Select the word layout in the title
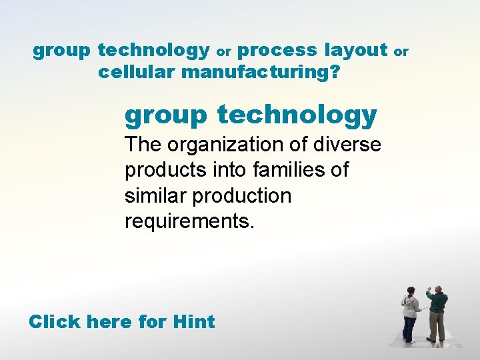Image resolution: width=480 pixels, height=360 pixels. click(355, 50)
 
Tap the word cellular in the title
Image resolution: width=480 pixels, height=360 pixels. click(137, 72)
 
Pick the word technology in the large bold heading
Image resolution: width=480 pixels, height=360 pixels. click(297, 115)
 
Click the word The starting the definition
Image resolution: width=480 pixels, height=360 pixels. click(143, 145)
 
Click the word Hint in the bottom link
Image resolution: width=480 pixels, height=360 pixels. click(193, 322)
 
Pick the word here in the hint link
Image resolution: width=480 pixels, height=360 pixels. click(113, 322)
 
